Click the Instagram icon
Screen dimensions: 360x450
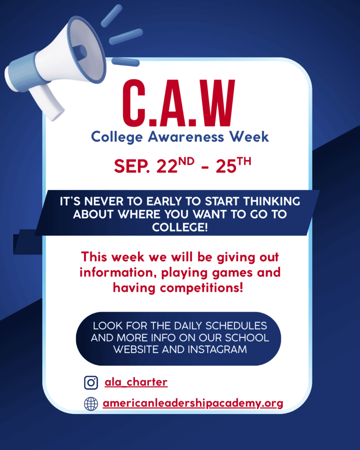coord(91,383)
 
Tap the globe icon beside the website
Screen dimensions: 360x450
coord(91,404)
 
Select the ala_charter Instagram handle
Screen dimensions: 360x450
coord(136,382)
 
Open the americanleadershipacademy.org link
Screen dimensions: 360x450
coord(193,403)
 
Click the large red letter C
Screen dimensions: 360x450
coord(134,103)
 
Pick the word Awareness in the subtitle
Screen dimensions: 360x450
coord(186,137)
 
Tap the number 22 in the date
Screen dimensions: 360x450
coord(167,166)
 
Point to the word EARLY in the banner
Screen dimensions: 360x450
coord(165,201)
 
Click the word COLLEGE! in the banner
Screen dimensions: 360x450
coord(180,228)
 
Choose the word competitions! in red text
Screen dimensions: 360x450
coord(201,288)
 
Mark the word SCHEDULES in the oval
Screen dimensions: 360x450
coord(236,326)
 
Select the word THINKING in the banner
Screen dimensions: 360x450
coord(272,201)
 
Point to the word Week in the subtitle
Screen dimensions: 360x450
coord(249,137)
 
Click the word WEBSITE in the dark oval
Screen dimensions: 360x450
coord(135,349)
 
